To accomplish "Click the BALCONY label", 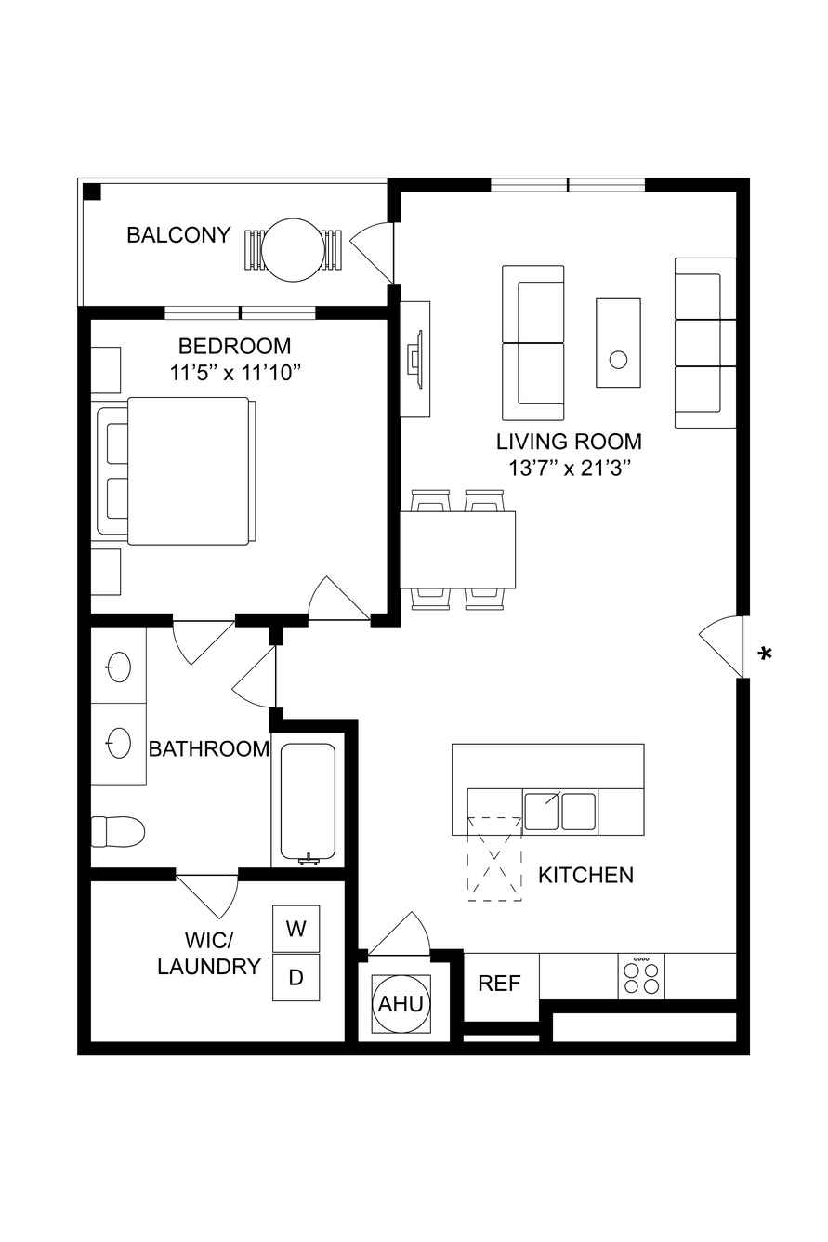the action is [x=178, y=235].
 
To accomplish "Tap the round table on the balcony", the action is [x=292, y=249].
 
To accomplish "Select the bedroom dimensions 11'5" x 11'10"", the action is [x=235, y=373].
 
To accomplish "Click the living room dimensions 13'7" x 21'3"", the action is [x=571, y=469].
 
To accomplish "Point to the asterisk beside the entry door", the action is [x=765, y=654].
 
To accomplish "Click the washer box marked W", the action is [x=296, y=928].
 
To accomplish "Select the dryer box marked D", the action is [x=296, y=977].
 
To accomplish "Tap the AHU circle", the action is [x=401, y=1004].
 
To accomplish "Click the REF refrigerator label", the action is [x=499, y=984].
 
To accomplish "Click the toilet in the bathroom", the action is [x=117, y=832].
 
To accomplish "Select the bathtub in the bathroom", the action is [x=309, y=803].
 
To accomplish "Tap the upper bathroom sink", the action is [x=119, y=667].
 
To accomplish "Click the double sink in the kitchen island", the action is [x=560, y=812].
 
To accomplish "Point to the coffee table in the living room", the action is [x=619, y=343].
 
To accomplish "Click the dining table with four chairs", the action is [x=458, y=549].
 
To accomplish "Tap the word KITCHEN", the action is [x=585, y=875].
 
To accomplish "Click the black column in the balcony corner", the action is [x=92, y=192].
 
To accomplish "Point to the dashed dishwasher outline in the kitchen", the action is [x=494, y=858].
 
